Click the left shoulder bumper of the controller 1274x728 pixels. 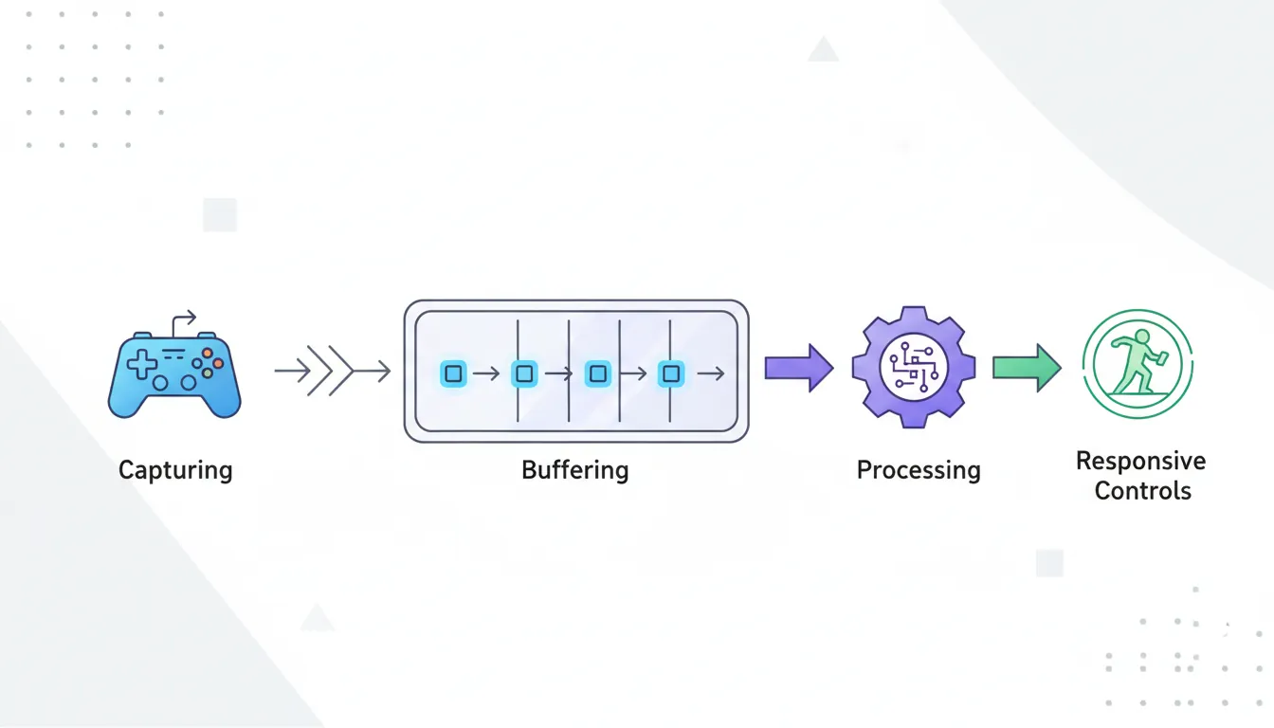(141, 336)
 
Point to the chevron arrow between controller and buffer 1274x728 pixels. (332, 372)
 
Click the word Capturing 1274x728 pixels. (175, 470)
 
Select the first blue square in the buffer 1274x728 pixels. (453, 373)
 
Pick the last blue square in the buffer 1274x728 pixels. (671, 373)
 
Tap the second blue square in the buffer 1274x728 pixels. (525, 373)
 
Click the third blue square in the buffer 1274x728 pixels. (597, 373)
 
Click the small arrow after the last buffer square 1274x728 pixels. (710, 374)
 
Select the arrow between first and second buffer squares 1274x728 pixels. (485, 374)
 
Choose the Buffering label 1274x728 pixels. (574, 470)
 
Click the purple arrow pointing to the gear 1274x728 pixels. (798, 368)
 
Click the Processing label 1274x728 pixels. (918, 470)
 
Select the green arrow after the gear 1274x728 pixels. (1027, 368)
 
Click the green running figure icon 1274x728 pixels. (1137, 367)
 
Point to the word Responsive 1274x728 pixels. (1141, 462)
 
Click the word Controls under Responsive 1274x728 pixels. (1142, 491)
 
